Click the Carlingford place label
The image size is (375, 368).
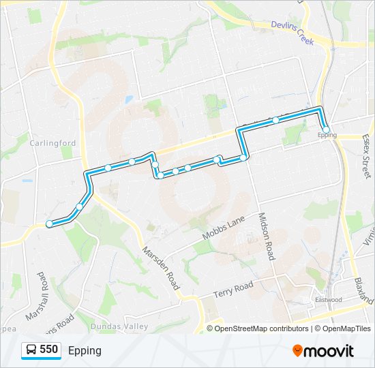tap(52, 143)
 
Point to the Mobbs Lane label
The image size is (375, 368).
tap(222, 228)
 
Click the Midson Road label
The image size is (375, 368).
tap(266, 236)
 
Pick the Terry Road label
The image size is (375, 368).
tap(232, 289)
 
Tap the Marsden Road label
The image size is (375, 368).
tap(160, 268)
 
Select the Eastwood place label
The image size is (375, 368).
tap(328, 300)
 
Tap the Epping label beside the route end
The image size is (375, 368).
tap(327, 136)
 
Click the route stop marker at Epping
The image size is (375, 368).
tap(326, 129)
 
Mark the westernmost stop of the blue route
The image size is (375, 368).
tap(49, 224)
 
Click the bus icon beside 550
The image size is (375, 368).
tap(31, 350)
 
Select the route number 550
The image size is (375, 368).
tap(48, 350)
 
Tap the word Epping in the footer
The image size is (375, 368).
tap(85, 350)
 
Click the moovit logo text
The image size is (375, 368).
tap(329, 351)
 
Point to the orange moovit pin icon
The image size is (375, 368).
tap(297, 350)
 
